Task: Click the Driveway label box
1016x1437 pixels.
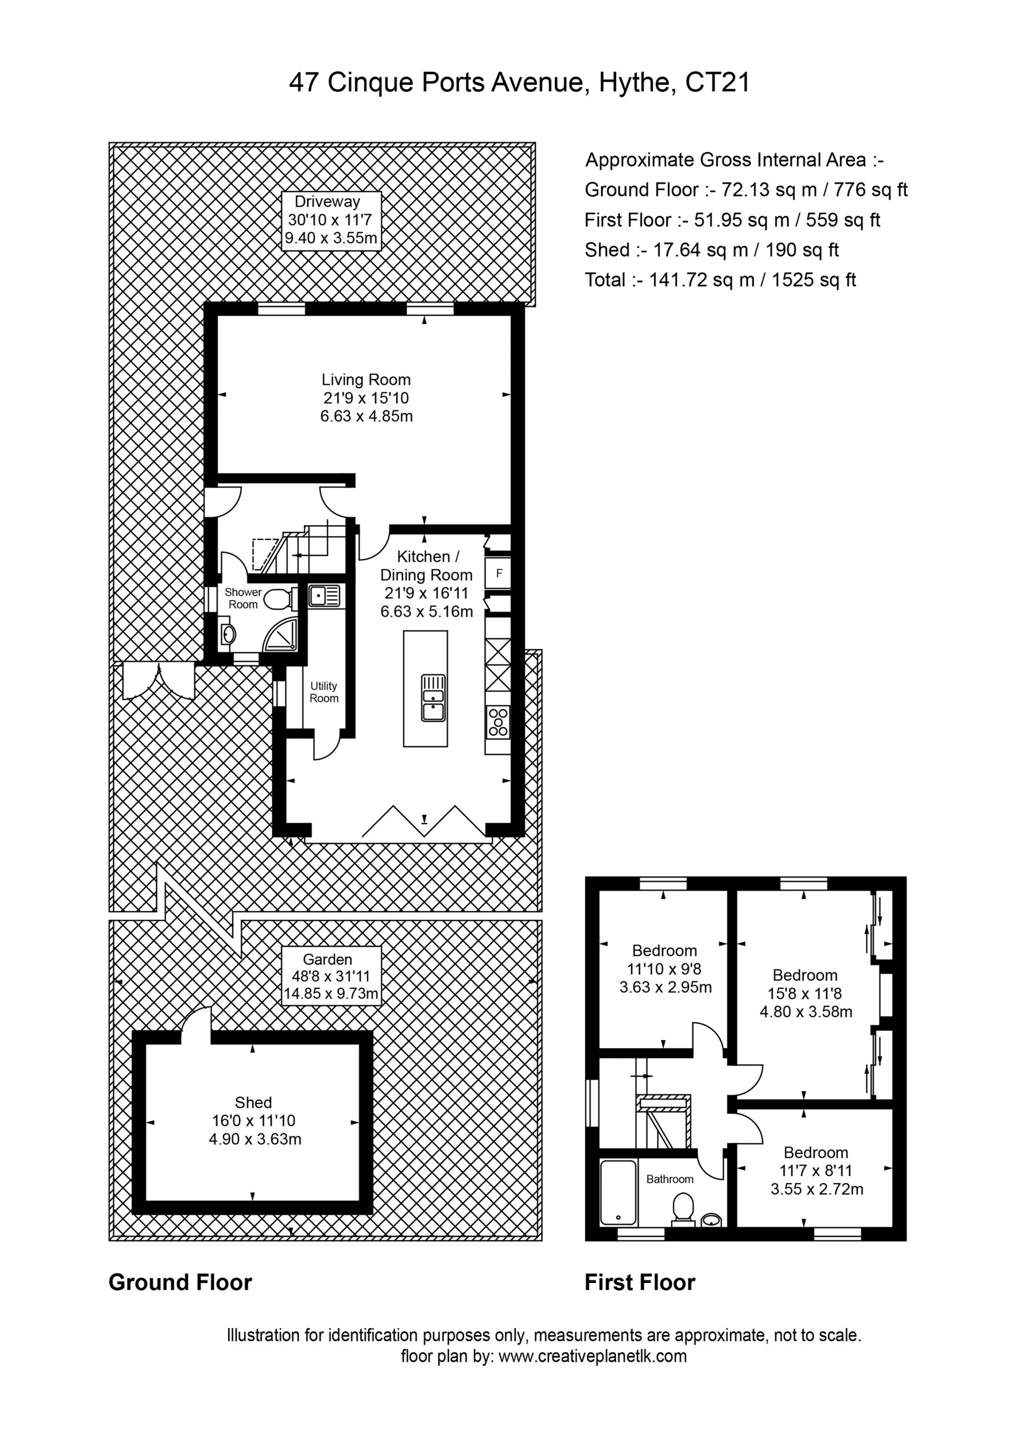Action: pos(331,220)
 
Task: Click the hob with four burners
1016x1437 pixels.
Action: pos(498,722)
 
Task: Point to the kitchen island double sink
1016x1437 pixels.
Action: pos(433,698)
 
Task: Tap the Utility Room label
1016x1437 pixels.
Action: pos(324,692)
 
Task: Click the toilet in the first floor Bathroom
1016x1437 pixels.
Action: pos(683,1206)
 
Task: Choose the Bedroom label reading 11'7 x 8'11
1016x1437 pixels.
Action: pos(816,1171)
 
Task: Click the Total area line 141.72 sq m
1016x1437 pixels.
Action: pos(720,280)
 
